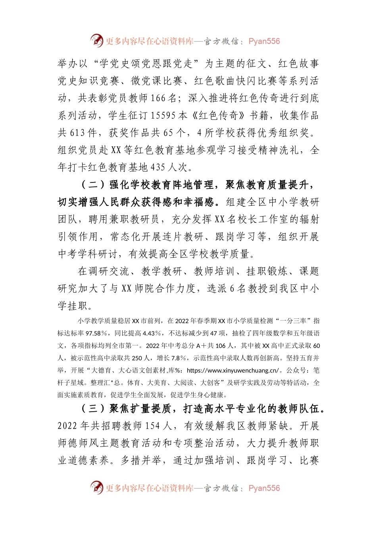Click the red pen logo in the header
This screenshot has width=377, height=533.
96,40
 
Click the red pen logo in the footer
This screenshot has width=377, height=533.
96,487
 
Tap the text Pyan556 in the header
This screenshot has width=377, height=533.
264,41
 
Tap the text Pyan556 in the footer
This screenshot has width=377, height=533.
264,488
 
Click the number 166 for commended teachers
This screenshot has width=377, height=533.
158,98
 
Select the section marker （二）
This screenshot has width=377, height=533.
93,185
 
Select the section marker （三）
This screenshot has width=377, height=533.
93,408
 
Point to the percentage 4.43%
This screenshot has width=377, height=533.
152,333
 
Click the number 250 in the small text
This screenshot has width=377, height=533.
137,358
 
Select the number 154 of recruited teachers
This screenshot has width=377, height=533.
152,426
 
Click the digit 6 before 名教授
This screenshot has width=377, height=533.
232,289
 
